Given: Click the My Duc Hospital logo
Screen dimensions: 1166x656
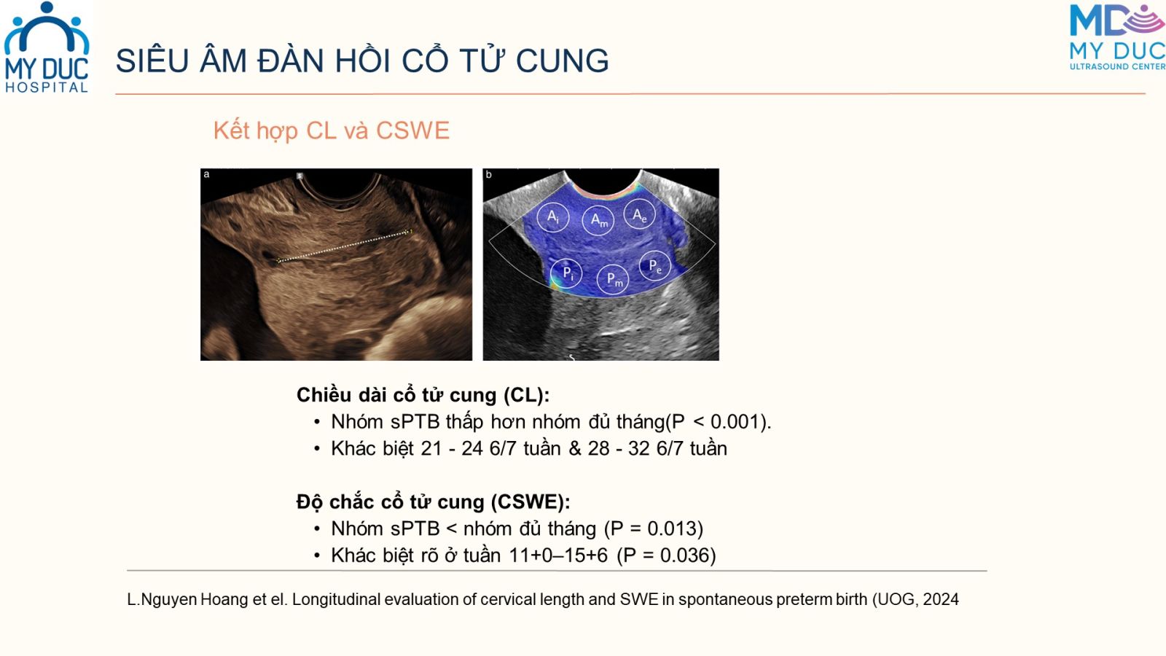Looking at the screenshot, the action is [x=47, y=47].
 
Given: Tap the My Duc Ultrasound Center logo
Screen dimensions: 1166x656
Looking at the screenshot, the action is [x=1117, y=37].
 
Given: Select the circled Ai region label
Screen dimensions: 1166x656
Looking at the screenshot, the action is [x=553, y=217].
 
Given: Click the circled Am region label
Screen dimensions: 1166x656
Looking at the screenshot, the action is [x=598, y=219].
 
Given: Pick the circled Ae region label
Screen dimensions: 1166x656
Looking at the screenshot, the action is [x=639, y=214].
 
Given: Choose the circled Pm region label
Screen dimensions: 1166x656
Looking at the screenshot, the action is [x=613, y=280].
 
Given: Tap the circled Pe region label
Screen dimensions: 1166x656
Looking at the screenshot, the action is [x=655, y=266].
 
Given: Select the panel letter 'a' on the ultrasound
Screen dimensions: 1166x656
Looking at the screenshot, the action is [x=207, y=174].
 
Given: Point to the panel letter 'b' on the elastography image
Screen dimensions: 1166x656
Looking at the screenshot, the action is [x=488, y=174].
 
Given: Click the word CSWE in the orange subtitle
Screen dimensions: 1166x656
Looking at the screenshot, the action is [x=412, y=130].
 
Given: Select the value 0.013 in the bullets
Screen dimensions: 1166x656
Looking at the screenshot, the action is [x=670, y=528].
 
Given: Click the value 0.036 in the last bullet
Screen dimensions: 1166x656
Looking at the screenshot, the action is [x=684, y=555].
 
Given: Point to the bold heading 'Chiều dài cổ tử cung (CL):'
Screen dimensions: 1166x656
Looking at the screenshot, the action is [x=423, y=395].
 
